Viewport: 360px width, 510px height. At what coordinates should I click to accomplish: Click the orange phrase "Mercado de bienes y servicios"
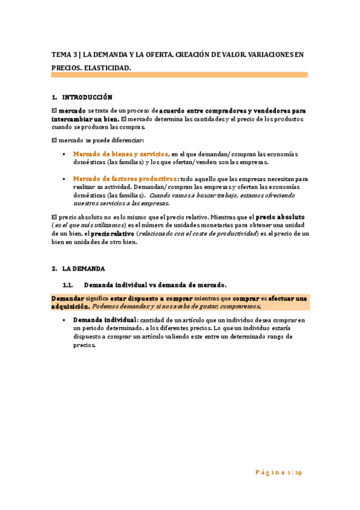click(x=120, y=154)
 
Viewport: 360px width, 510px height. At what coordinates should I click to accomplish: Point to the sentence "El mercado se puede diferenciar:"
click(x=97, y=140)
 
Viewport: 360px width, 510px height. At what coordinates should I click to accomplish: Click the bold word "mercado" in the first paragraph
click(x=72, y=111)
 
